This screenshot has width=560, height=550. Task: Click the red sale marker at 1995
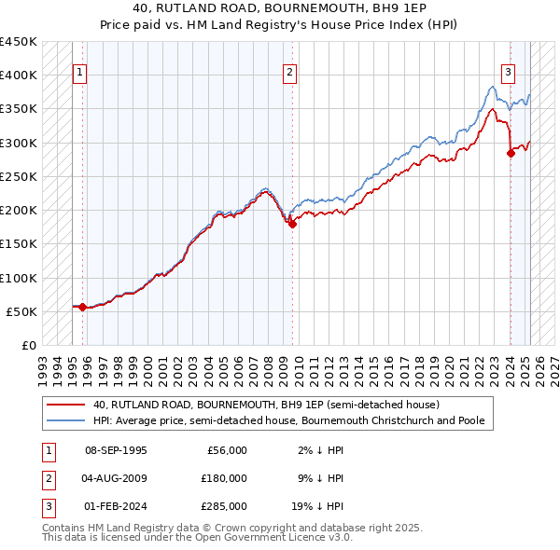83,307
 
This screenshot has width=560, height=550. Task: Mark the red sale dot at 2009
292,224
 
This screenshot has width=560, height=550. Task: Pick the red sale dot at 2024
511,154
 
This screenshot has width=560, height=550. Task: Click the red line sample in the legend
66,405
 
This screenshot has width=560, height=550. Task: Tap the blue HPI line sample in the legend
66,420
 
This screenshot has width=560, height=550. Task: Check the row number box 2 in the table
46,478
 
